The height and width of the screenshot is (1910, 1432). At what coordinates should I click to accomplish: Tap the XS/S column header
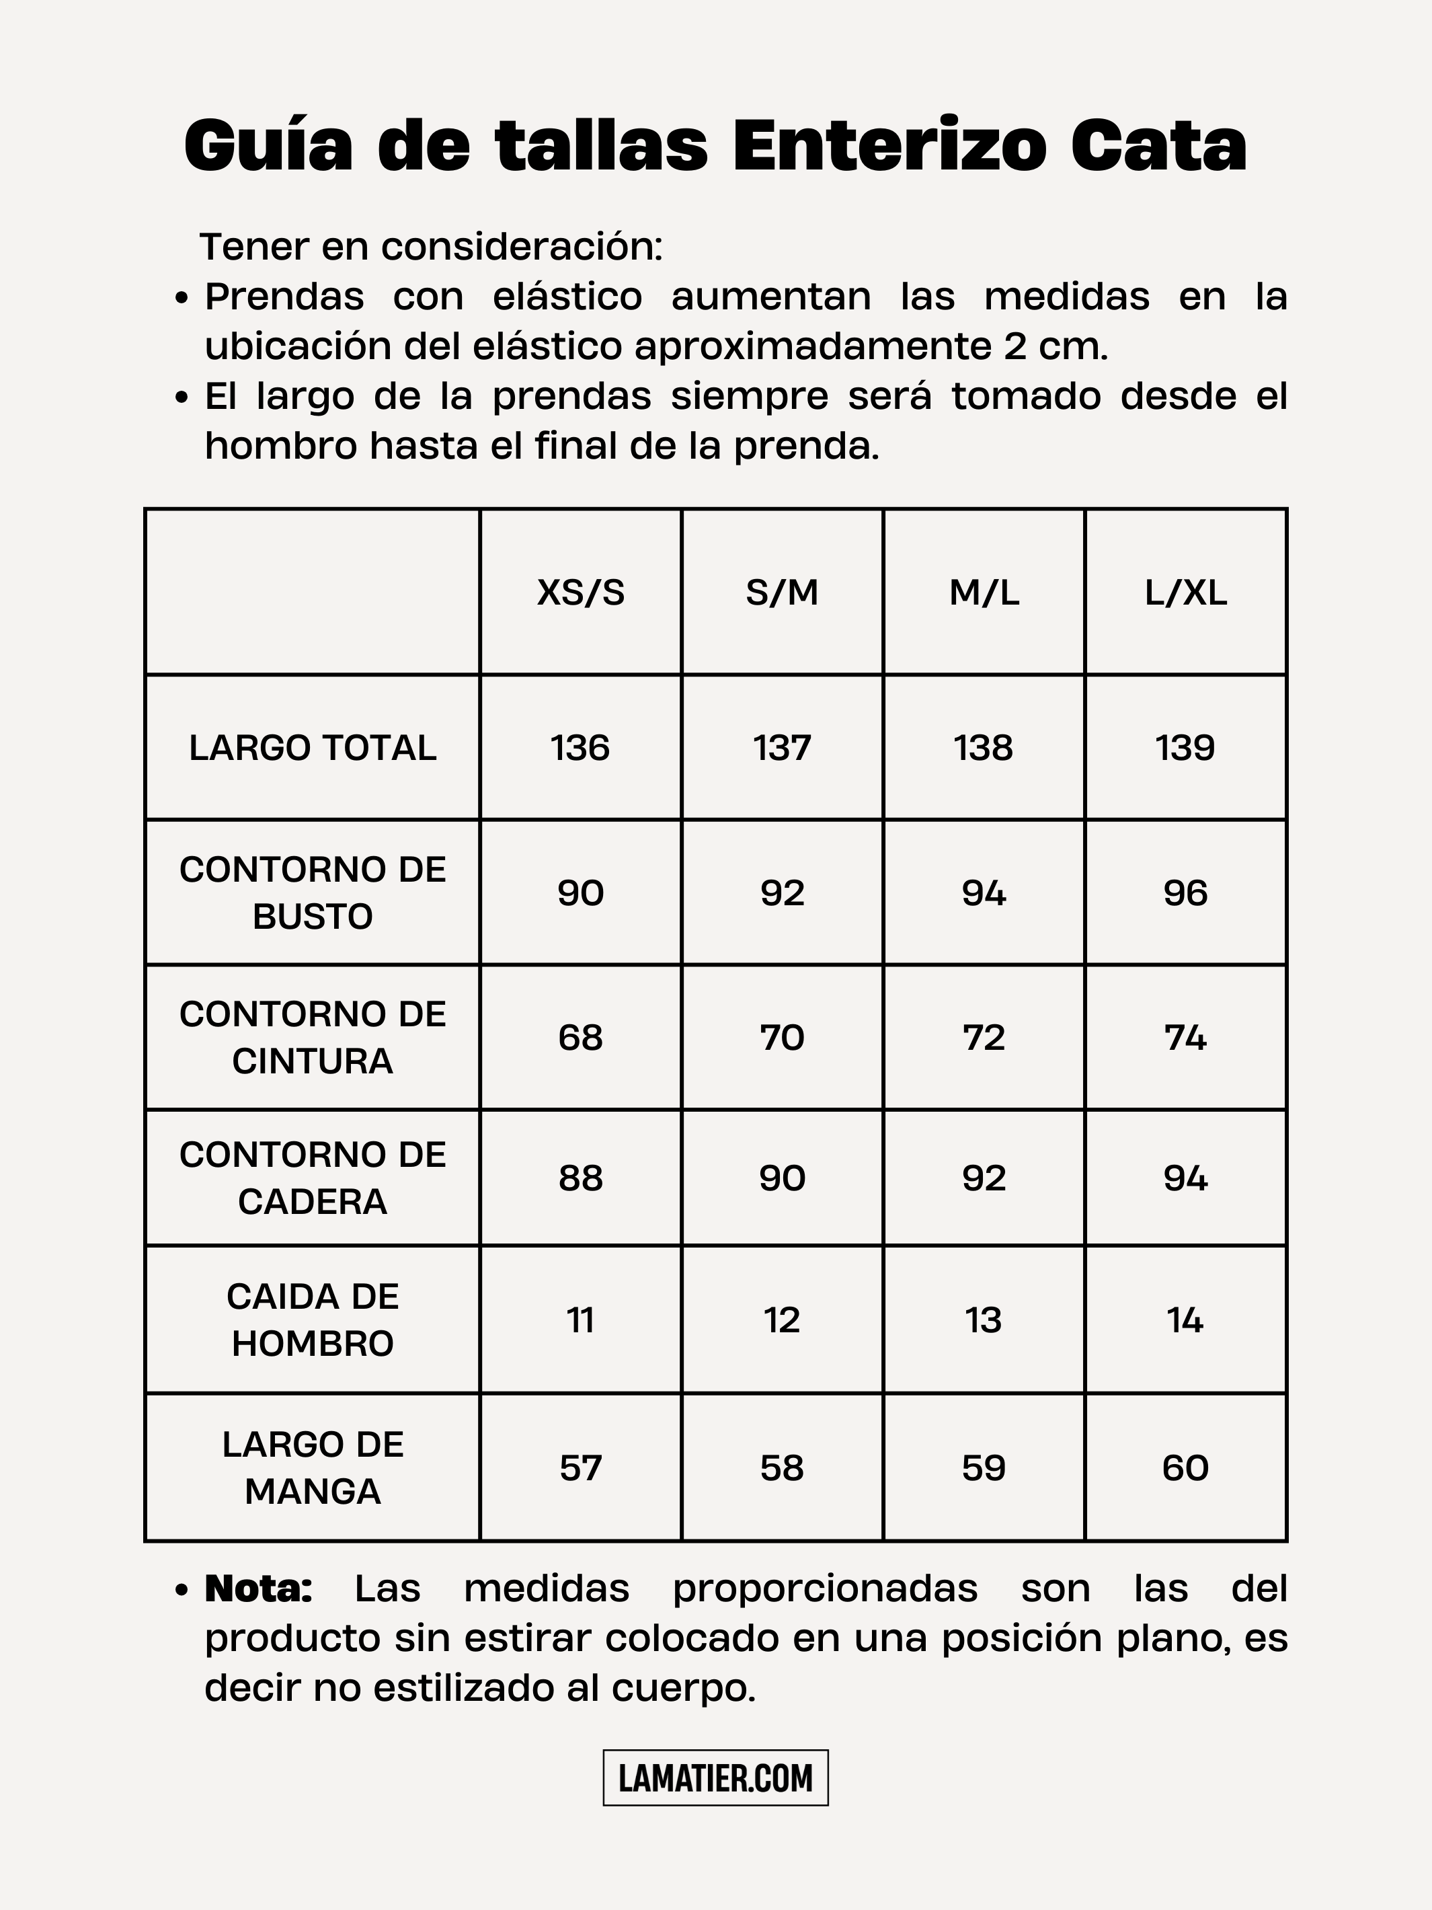580,593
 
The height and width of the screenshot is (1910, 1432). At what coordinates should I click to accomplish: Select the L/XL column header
1185,593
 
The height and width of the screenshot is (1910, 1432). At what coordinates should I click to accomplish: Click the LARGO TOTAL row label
313,748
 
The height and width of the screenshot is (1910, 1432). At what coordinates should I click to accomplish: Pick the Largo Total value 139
1185,748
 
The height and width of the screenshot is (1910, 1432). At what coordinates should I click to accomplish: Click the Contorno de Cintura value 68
580,1037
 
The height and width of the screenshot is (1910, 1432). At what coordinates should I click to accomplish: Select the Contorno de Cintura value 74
1185,1037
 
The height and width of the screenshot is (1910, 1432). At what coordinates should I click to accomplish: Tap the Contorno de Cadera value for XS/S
580,1178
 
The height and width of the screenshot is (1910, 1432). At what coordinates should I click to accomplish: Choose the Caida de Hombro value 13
983,1320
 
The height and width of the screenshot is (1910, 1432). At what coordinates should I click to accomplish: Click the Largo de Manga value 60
1185,1468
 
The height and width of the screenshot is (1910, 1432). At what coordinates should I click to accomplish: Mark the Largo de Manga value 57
580,1468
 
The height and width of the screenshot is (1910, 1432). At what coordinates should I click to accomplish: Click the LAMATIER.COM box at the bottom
715,1778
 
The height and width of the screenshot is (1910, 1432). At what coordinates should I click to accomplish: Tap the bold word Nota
258,1589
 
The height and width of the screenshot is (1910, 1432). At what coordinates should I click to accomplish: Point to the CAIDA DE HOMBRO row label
313,1320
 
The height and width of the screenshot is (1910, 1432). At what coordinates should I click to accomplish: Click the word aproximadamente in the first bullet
812,347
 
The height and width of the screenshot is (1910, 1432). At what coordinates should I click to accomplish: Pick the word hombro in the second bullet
280,447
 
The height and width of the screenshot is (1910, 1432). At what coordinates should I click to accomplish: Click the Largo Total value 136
580,748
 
